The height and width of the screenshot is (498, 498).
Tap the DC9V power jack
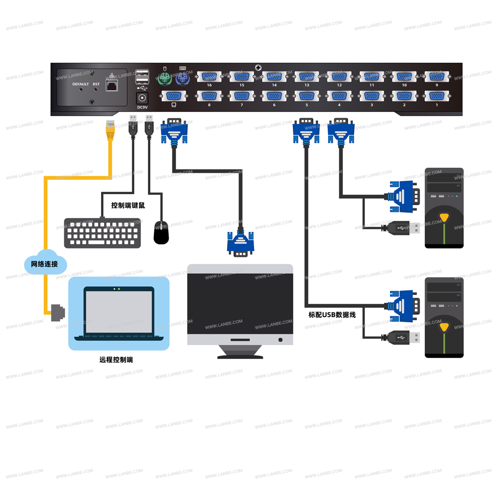point(143,98)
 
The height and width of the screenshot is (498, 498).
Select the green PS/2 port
point(163,78)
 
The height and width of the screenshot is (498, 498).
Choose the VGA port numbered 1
point(437,97)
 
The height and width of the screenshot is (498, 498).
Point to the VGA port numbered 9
point(437,77)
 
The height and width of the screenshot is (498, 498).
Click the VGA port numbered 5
point(306,97)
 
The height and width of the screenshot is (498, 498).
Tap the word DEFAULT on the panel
point(81,84)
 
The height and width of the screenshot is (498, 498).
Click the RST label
point(96,84)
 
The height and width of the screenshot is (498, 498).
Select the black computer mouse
point(161,233)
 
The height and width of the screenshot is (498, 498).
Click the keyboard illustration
point(103,233)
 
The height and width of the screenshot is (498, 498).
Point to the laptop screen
point(119,311)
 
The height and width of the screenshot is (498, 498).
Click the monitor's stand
point(240,352)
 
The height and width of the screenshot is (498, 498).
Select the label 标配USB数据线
point(332,315)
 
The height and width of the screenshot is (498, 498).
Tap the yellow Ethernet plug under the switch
point(109,130)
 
